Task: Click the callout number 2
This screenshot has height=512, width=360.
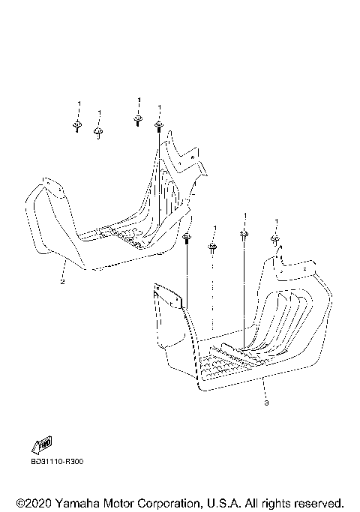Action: point(62,281)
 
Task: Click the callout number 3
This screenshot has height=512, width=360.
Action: point(266,403)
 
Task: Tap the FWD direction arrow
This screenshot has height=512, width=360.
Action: point(42,445)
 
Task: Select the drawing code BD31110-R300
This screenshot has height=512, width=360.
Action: point(57,461)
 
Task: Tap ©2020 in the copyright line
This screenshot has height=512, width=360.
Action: point(34,503)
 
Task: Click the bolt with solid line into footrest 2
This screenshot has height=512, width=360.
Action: point(159,127)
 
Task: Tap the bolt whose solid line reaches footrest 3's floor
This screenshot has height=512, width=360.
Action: point(244,235)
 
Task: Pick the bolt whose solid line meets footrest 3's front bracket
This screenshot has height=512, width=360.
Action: point(187,238)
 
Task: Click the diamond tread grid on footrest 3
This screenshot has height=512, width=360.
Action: point(226,366)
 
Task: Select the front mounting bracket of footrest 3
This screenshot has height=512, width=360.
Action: point(168,296)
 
